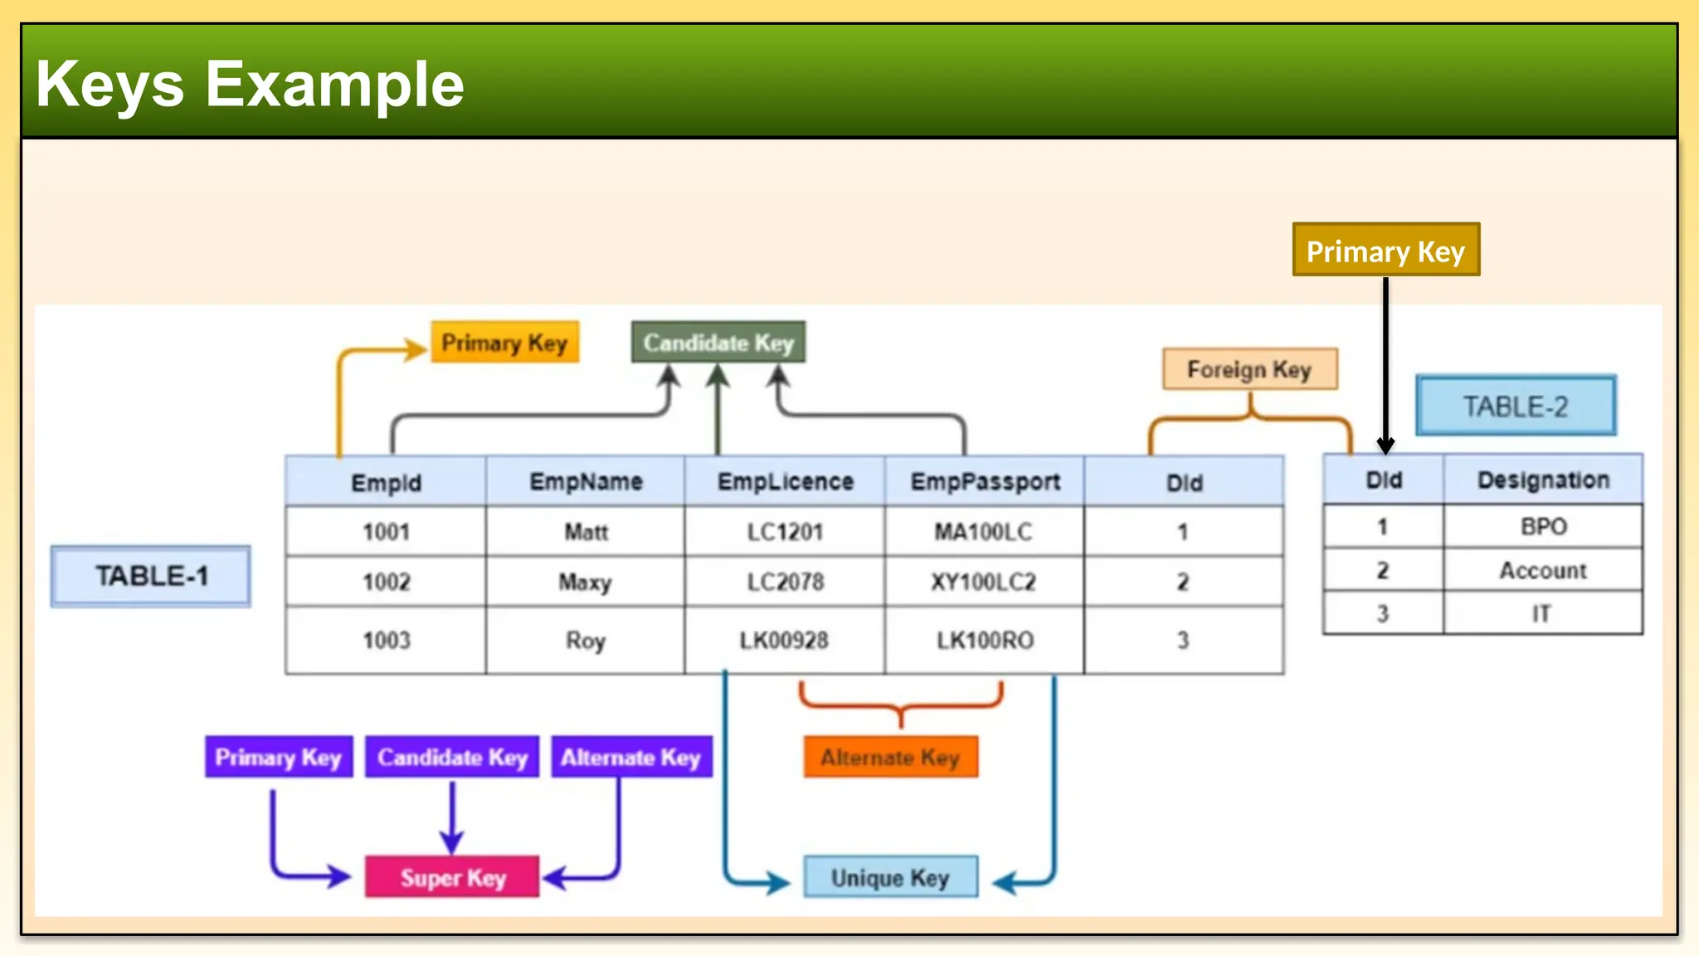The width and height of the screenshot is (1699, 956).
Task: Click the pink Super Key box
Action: click(x=452, y=877)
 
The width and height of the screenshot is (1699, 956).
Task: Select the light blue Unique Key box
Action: click(x=890, y=877)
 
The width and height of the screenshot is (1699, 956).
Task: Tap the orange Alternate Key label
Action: click(x=890, y=757)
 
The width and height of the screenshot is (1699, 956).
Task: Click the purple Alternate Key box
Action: click(x=631, y=757)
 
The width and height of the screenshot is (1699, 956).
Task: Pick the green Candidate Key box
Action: click(x=718, y=342)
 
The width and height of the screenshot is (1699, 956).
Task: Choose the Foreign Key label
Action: click(x=1249, y=369)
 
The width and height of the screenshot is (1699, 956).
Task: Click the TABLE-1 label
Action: click(x=151, y=576)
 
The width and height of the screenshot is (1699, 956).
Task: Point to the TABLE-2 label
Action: click(x=1516, y=406)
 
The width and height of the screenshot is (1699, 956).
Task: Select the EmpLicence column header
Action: click(x=785, y=481)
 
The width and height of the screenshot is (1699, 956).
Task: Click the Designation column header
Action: click(x=1543, y=480)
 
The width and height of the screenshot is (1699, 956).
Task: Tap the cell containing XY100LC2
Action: click(x=984, y=582)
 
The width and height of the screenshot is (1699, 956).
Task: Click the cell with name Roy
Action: click(x=586, y=640)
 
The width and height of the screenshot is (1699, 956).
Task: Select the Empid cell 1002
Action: click(x=386, y=582)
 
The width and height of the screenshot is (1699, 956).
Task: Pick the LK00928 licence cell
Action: click(x=784, y=640)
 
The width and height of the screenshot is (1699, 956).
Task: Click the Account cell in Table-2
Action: click(x=1542, y=570)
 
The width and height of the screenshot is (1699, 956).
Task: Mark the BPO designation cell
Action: click(x=1543, y=526)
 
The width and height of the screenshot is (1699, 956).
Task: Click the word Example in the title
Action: click(x=334, y=84)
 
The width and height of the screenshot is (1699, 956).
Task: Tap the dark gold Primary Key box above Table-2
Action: click(x=1385, y=250)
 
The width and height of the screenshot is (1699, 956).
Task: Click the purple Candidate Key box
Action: click(x=452, y=757)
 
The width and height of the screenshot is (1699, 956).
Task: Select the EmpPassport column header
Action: click(x=985, y=481)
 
